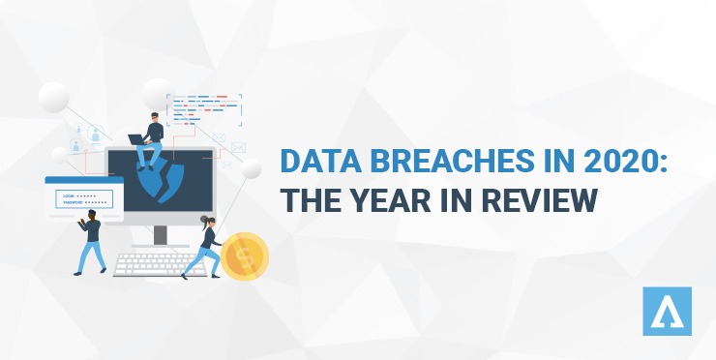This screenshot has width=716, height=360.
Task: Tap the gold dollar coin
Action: tap(244, 255)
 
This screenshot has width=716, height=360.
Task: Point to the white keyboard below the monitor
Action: tap(160, 264)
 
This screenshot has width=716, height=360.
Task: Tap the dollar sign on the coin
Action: tap(246, 255)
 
